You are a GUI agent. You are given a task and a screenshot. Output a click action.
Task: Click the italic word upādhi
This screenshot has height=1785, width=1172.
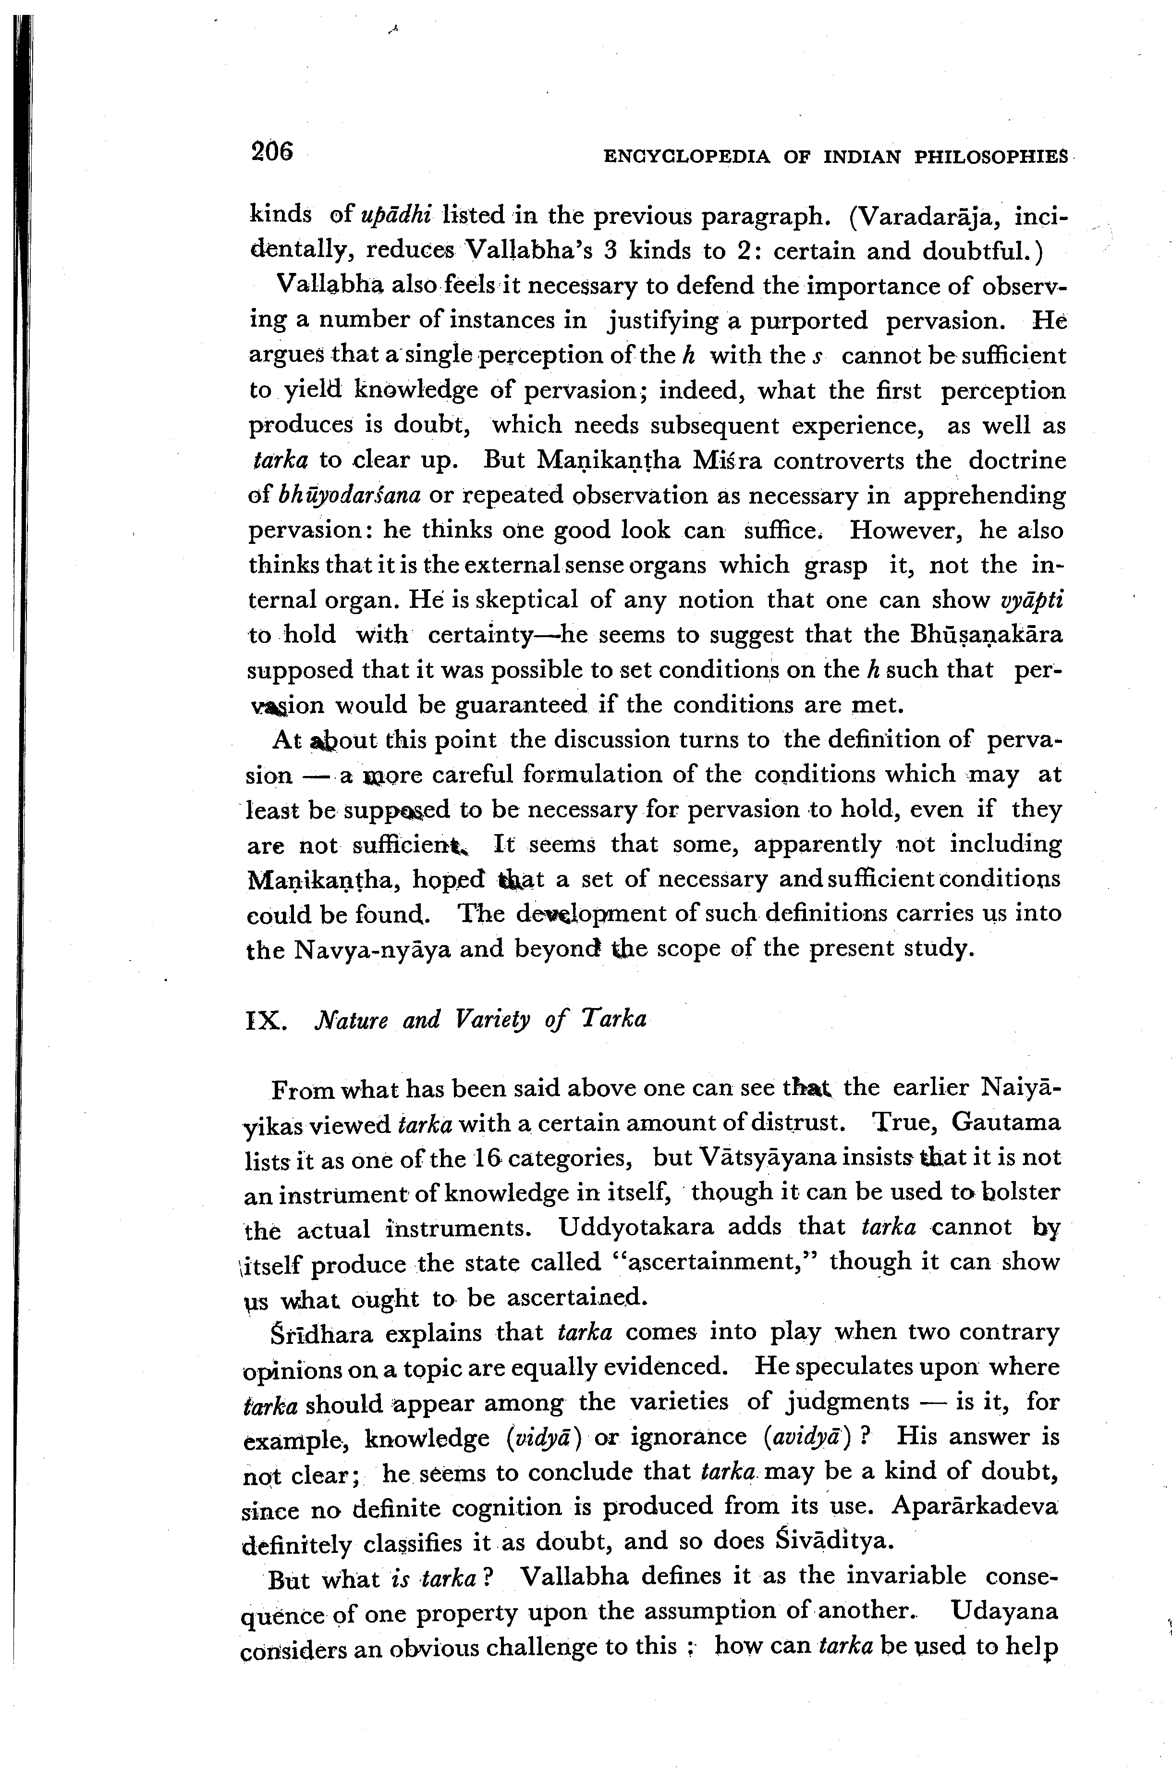tap(394, 215)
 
